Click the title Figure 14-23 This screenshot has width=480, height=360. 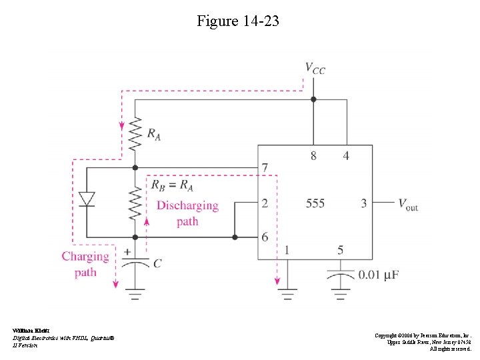pos(238,21)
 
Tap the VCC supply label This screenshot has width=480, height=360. pos(315,68)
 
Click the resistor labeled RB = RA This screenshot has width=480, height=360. pos(135,202)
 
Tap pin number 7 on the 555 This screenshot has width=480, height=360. pos(265,168)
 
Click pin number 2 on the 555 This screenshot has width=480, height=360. pos(265,203)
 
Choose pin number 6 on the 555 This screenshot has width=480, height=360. pos(265,237)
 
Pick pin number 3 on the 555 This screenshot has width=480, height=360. pos(364,203)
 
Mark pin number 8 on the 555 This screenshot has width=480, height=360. pos(313,156)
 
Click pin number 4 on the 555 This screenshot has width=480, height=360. pos(346,156)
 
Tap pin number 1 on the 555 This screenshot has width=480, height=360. pos(287,250)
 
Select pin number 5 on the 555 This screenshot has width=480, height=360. pos(341,250)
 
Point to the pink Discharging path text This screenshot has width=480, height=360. pos(187,213)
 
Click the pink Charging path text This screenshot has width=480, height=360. pos(85,264)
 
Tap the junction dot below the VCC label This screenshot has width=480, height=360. pos(313,99)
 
